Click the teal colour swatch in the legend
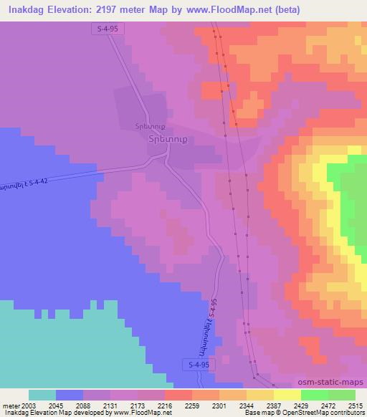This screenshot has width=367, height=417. pos(42,394)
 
